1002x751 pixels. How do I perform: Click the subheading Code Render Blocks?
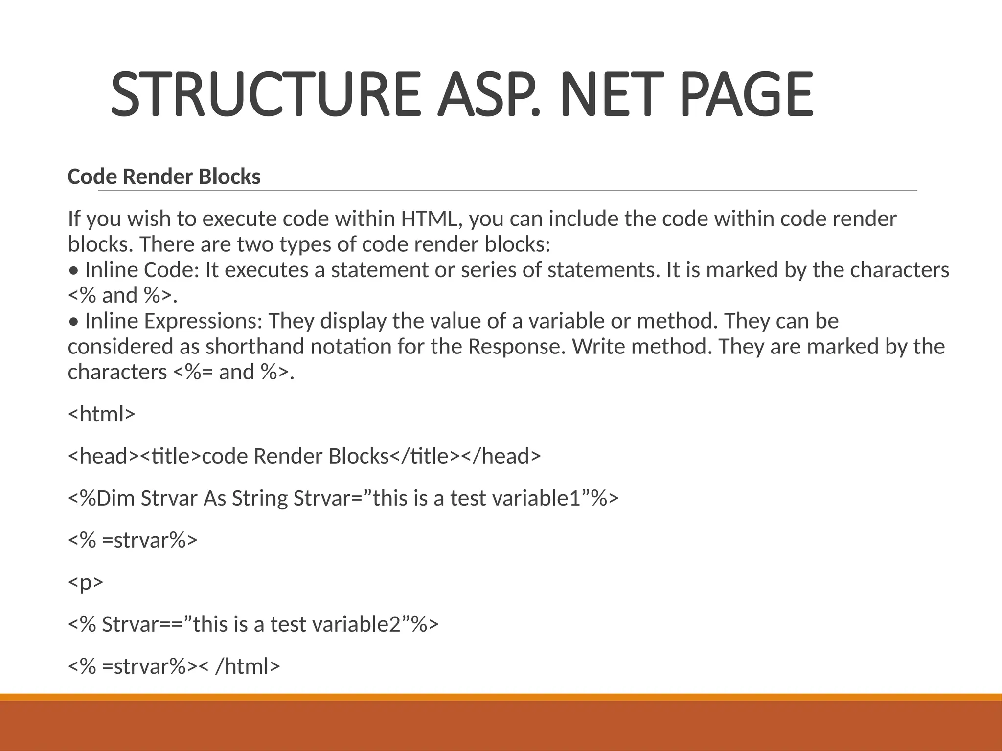164,177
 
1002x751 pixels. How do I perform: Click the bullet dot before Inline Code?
73,270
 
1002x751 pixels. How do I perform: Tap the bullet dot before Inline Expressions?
73,322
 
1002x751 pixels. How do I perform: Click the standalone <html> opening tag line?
101,414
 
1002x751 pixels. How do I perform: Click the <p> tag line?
86,582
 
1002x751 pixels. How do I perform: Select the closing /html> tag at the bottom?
247,666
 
